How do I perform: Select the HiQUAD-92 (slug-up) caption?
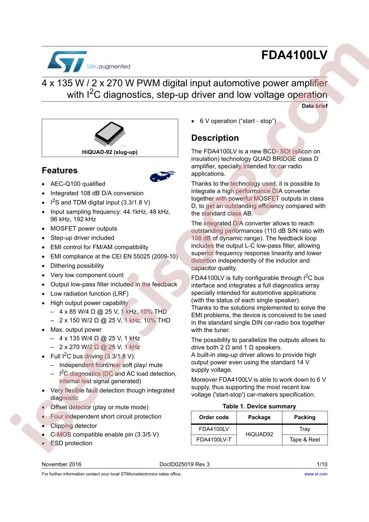110,152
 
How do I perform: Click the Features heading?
60,170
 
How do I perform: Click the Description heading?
215,138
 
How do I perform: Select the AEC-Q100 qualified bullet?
78,184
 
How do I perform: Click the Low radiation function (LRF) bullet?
89,294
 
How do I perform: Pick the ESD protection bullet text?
71,443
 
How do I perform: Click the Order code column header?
214,417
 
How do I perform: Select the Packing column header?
304,417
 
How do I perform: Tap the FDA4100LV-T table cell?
214,440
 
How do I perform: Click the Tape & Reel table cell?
304,440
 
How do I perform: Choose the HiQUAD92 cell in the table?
259,435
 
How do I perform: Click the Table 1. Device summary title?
259,406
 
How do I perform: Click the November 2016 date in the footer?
61,464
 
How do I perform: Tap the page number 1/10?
322,464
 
